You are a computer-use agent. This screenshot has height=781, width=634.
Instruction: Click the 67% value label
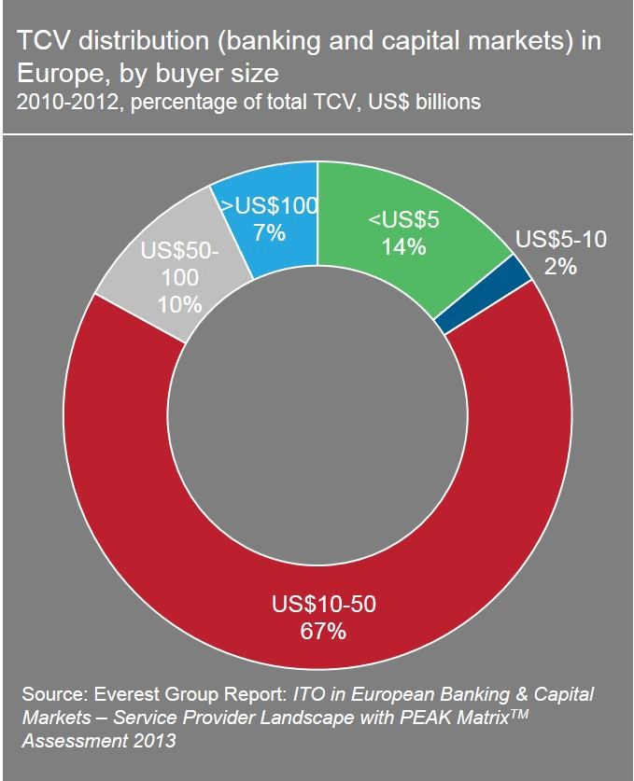pos(323,632)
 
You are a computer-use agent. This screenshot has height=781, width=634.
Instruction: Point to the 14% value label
pos(402,247)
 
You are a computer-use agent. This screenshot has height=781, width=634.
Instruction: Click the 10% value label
pos(180,304)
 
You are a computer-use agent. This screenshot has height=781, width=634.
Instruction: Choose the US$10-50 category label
pos(323,605)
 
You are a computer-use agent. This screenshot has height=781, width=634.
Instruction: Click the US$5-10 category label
pos(560,240)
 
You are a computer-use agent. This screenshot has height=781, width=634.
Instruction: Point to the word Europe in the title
pos(56,72)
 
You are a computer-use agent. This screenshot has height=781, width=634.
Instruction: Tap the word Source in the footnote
pos(56,696)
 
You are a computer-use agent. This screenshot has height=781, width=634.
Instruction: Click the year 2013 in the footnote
pos(155,742)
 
